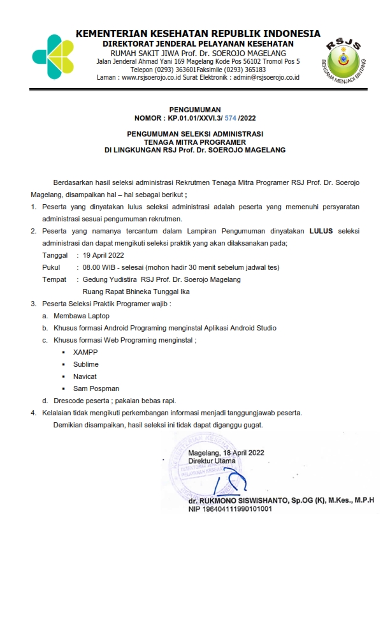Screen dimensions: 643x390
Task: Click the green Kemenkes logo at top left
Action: tap(53, 57)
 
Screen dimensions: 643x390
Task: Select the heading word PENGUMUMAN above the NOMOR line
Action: tap(195, 110)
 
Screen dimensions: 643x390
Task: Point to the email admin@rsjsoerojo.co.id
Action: tap(267, 78)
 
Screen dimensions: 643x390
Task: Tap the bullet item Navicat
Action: tap(85, 376)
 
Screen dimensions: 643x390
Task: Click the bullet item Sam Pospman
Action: tap(96, 388)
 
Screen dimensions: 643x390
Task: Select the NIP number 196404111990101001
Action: tap(239, 509)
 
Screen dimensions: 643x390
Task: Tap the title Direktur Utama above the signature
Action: tap(212, 460)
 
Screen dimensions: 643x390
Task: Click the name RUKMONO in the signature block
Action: tap(220, 501)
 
